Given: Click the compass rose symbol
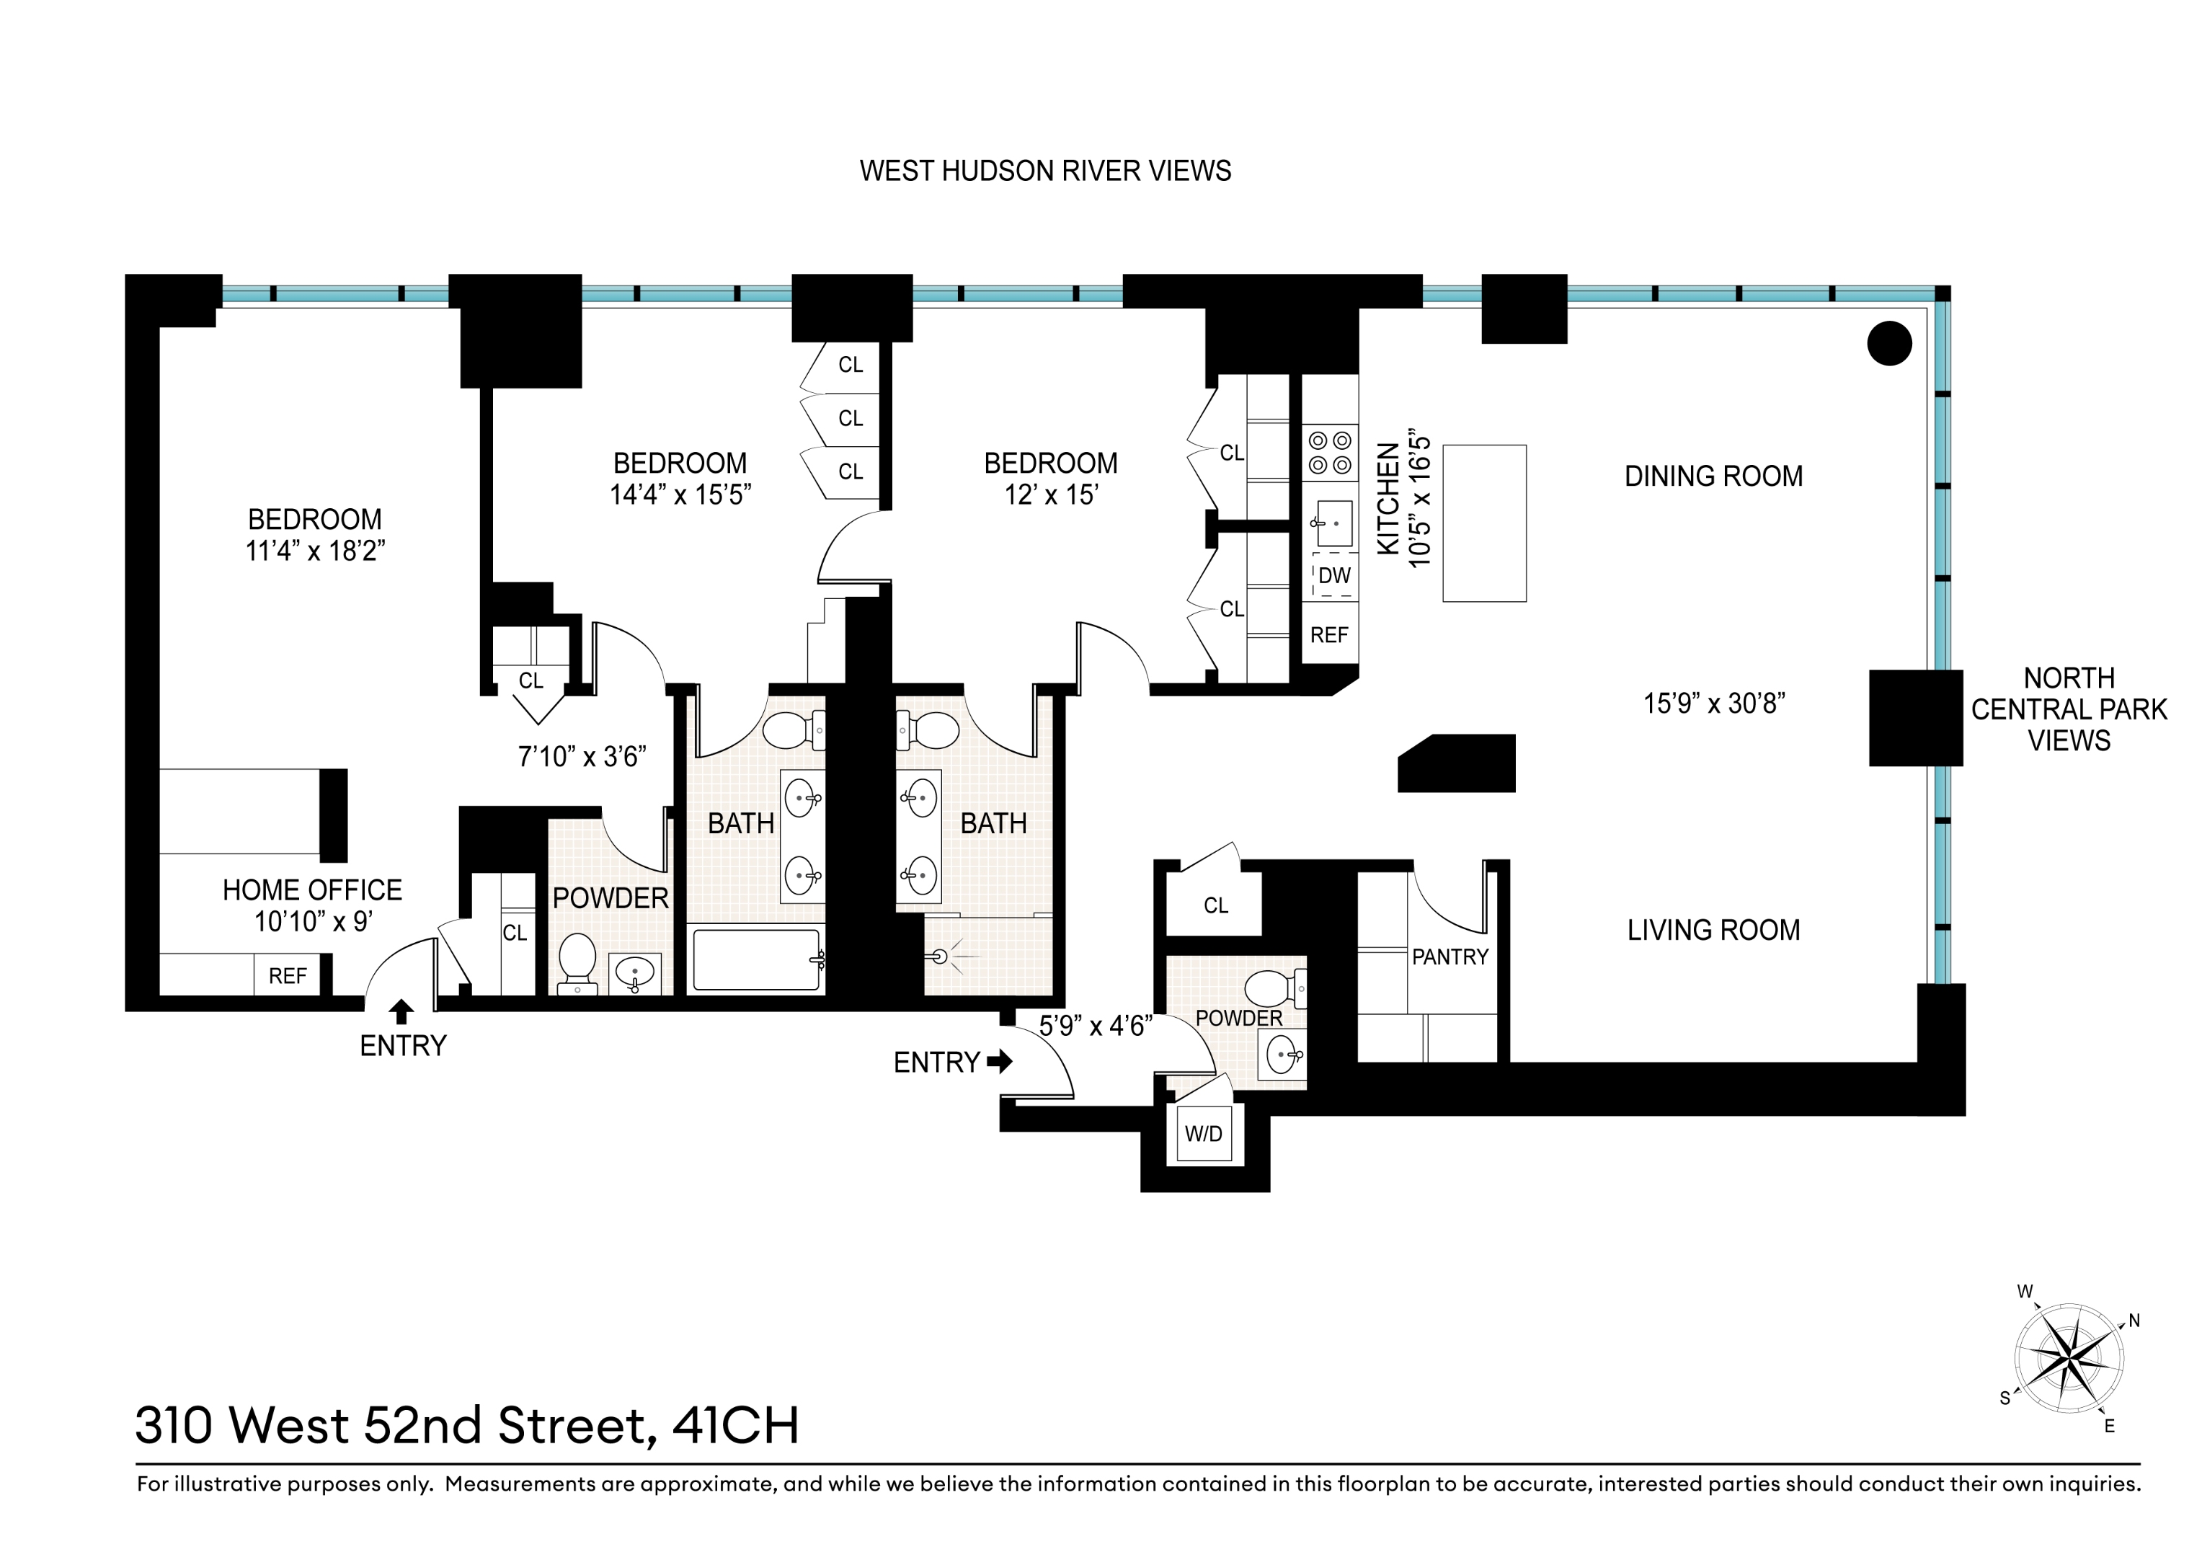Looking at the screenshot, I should click(x=2069, y=1359).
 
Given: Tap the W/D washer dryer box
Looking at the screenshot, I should click(x=1204, y=1134).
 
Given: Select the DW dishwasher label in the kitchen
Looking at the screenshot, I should click(x=1334, y=576).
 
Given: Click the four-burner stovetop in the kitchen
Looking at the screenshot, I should click(x=1331, y=453).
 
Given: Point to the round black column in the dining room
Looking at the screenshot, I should click(x=1889, y=342).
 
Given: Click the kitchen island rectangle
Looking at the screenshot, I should click(x=1483, y=523).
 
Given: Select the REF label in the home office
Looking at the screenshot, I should click(x=287, y=975).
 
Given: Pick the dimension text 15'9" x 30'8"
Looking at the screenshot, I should click(x=1714, y=704).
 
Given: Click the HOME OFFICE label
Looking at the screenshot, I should click(x=313, y=890).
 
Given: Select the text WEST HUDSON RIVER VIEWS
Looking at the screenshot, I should click(x=1044, y=171).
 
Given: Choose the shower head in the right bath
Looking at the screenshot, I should click(x=940, y=957).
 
